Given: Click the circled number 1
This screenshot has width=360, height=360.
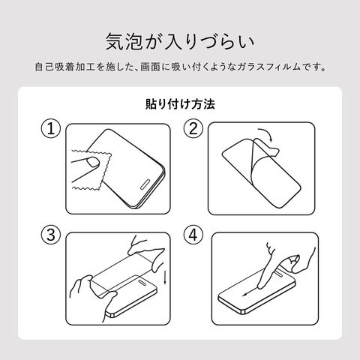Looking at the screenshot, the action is (x=51, y=128).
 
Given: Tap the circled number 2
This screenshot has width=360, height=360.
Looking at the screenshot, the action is (x=193, y=128).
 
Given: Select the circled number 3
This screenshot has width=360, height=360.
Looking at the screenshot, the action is (x=51, y=235).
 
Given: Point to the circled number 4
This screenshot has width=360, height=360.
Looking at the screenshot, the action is (x=193, y=235).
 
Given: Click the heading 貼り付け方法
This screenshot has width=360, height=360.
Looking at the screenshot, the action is (x=180, y=104).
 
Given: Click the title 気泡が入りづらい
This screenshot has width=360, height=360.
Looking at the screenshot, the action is (x=180, y=41).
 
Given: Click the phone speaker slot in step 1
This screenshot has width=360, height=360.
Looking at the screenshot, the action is (x=145, y=184).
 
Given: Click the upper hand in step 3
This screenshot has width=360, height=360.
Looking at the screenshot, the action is (x=147, y=253).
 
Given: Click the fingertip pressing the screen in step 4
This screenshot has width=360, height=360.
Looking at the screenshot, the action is (x=261, y=285).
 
